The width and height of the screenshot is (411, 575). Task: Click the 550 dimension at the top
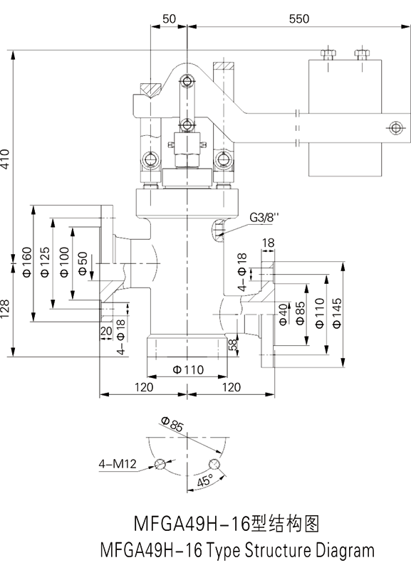coord(299,19)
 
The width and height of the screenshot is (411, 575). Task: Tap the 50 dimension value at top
coord(169,19)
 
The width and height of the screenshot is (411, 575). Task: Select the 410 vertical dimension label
coord(5,159)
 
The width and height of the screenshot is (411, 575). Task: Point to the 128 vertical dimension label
coord(5,308)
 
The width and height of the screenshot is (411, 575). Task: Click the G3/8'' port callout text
coord(264,217)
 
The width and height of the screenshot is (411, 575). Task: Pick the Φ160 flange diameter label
coord(27,262)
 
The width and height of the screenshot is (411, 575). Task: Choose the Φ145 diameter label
coord(337,312)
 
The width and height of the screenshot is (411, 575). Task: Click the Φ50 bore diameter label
coord(83,263)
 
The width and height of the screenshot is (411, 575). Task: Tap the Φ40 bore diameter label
coord(283,315)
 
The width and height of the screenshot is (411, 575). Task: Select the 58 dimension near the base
coord(233,345)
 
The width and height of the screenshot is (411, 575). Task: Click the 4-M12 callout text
coord(117,464)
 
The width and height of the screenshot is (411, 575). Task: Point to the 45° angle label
coord(204,480)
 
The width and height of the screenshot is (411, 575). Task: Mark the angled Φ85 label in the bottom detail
coord(172,424)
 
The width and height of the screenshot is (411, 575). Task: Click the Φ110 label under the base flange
coord(188,369)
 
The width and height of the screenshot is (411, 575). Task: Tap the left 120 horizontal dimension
coord(143,387)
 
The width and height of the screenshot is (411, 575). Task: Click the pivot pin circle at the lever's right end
coord(395,127)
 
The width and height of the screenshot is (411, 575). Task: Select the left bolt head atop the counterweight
coord(327,54)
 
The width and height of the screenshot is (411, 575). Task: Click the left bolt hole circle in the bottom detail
coord(160,464)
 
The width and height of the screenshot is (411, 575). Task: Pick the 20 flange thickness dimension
coord(106,331)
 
